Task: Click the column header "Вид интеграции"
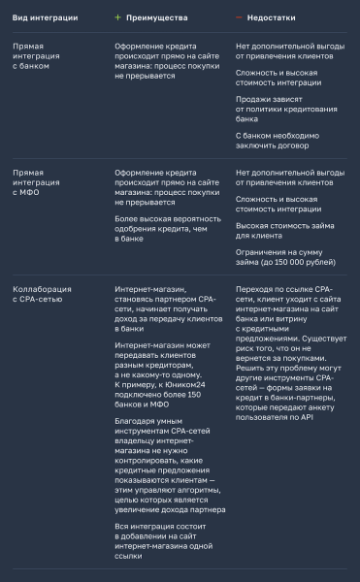(45, 16)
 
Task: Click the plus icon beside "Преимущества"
(118, 16)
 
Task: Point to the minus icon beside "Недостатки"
(240, 16)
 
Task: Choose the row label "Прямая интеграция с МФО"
(36, 181)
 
